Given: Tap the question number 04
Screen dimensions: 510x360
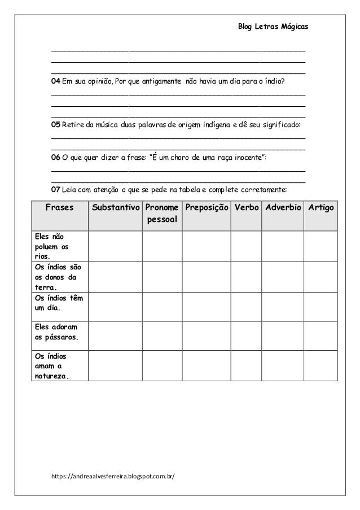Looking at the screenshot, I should (x=55, y=82).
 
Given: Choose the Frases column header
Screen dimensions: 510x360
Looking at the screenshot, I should (x=59, y=208).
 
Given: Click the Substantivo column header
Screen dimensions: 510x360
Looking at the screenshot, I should (x=115, y=208).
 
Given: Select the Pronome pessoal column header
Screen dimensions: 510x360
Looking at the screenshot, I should (x=161, y=213).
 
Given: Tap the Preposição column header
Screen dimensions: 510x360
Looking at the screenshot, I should (x=206, y=208).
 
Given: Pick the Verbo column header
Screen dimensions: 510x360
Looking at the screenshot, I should (x=246, y=208).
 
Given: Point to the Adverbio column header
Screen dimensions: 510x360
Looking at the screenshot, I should (x=282, y=208).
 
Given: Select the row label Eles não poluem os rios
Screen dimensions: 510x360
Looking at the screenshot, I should (x=50, y=245).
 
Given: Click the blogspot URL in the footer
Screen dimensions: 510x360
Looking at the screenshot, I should (x=113, y=476).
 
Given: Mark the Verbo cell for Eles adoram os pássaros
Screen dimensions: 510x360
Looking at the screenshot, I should (x=246, y=333).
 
